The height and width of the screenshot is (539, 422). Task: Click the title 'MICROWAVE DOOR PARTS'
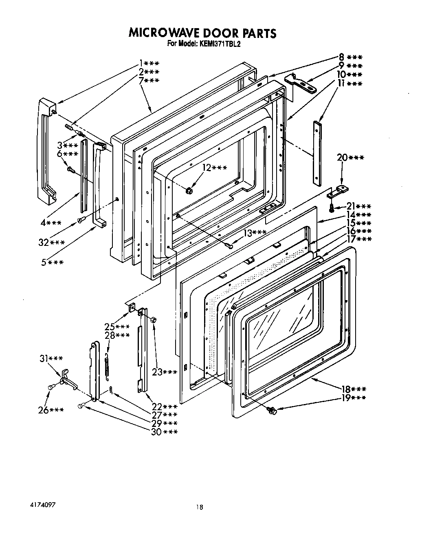pos(202,33)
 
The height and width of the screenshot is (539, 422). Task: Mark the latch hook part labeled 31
pos(66,379)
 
